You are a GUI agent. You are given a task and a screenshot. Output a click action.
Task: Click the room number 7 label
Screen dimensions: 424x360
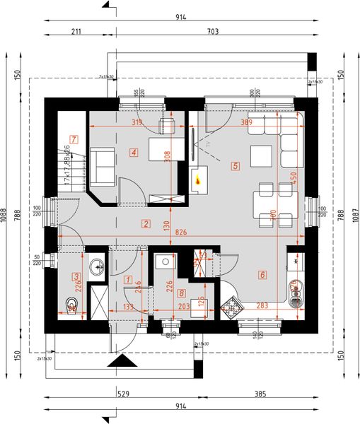point(73,139)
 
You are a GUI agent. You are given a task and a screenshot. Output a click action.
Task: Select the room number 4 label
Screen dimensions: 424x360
point(133,152)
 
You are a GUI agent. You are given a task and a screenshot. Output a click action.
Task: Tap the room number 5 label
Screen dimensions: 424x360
point(235,167)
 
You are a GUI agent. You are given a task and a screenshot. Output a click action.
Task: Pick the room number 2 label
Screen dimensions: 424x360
point(145,225)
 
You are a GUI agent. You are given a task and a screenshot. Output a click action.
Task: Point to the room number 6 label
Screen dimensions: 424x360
point(262,275)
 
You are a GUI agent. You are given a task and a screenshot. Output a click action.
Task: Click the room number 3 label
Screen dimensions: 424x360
point(76,276)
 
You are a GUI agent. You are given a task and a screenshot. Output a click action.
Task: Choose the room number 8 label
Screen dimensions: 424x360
point(182,293)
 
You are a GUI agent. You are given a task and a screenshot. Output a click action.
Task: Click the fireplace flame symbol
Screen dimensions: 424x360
point(198,182)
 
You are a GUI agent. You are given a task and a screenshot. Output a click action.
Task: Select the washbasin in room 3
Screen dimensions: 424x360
point(97,266)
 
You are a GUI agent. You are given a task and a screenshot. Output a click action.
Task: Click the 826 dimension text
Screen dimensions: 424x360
point(181,232)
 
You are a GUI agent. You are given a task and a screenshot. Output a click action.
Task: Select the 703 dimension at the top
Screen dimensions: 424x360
point(212,31)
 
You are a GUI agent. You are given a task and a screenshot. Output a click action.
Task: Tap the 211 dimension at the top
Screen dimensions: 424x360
point(77,31)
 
